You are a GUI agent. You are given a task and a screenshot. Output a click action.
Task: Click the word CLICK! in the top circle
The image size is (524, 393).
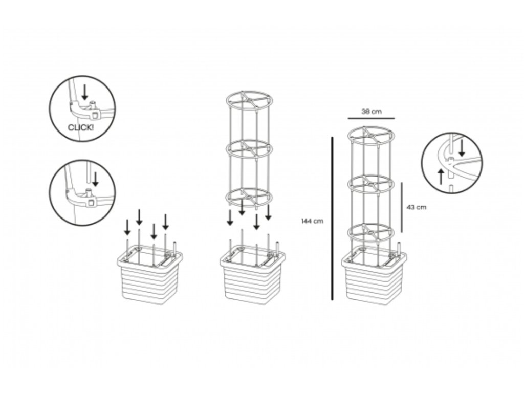pos(81,127)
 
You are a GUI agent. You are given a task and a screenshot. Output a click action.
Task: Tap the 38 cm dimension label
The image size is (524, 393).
pos(372,111)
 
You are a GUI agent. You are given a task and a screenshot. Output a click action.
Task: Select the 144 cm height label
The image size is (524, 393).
pos(313,221)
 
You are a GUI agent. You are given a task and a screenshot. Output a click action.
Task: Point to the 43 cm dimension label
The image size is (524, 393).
pos(416,207)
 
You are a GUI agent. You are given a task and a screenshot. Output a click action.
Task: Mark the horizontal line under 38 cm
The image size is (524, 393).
pos(372,118)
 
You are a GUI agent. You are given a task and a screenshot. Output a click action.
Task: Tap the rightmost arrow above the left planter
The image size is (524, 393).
pos(165,222)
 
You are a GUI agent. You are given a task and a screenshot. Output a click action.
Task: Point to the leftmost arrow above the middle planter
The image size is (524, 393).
pos(230,217)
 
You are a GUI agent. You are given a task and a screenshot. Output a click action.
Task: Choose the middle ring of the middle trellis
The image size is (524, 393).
pos(249,149)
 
